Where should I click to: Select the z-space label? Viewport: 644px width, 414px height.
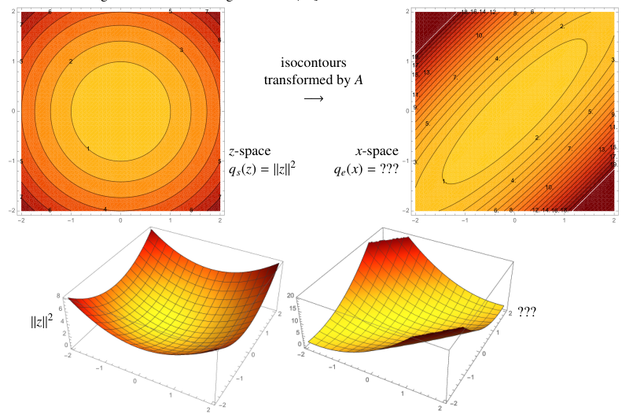[x=249, y=150]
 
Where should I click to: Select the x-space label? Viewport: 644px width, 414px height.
[x=377, y=150]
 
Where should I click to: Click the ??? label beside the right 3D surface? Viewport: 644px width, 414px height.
[x=530, y=312]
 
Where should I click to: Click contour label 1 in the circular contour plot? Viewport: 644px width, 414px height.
[x=88, y=148]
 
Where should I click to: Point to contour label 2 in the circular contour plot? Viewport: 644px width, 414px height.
[x=71, y=61]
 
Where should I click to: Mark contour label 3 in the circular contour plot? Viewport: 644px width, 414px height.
[x=182, y=50]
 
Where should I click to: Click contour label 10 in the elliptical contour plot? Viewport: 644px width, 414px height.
[x=479, y=35]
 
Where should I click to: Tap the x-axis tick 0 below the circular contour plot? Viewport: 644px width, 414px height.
[x=120, y=219]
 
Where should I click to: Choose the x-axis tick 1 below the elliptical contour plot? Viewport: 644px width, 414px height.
[x=564, y=219]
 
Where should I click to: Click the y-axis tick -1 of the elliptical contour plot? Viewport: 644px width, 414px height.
[x=407, y=161]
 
